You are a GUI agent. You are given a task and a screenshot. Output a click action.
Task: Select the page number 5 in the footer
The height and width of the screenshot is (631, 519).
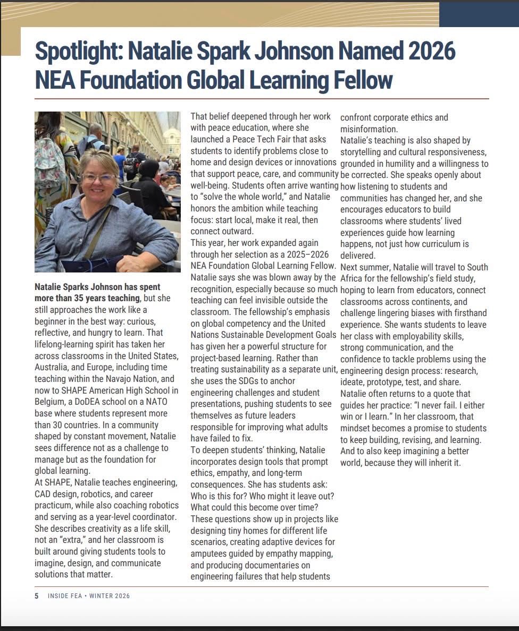click(x=37, y=596)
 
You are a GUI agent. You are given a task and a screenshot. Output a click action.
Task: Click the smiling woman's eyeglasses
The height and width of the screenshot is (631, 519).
click(x=99, y=177)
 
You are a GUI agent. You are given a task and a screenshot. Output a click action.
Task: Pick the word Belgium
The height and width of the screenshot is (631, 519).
click(x=52, y=402)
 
